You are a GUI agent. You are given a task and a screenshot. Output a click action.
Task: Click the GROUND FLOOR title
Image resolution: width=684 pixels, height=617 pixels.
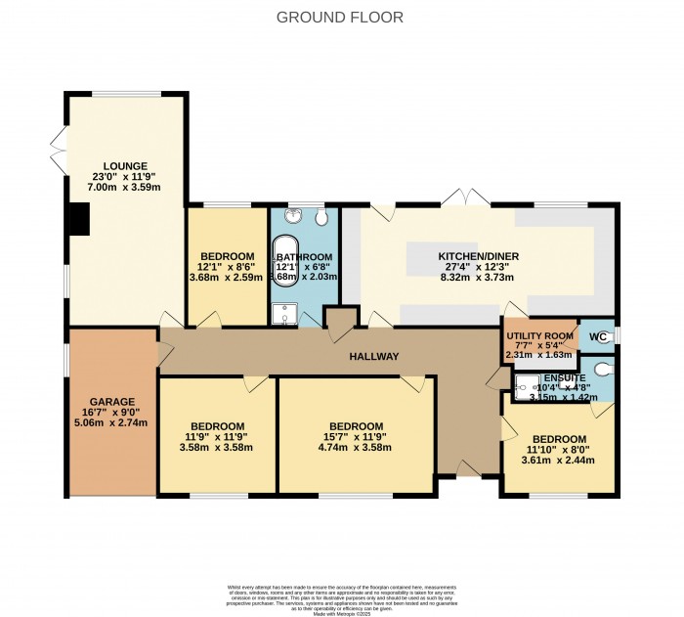[339, 17]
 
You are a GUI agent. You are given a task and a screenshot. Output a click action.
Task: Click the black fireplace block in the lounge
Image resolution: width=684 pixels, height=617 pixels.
[78, 219]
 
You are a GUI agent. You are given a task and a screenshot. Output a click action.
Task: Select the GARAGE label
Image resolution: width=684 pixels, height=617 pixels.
[112, 402]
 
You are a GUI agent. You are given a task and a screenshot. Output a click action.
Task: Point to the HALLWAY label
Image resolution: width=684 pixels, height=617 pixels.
[374, 357]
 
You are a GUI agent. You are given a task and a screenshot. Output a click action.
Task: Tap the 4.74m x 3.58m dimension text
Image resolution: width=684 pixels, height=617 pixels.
[355, 448]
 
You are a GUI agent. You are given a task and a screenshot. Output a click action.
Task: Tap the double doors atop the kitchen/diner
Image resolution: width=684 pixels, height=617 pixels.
[461, 198]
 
